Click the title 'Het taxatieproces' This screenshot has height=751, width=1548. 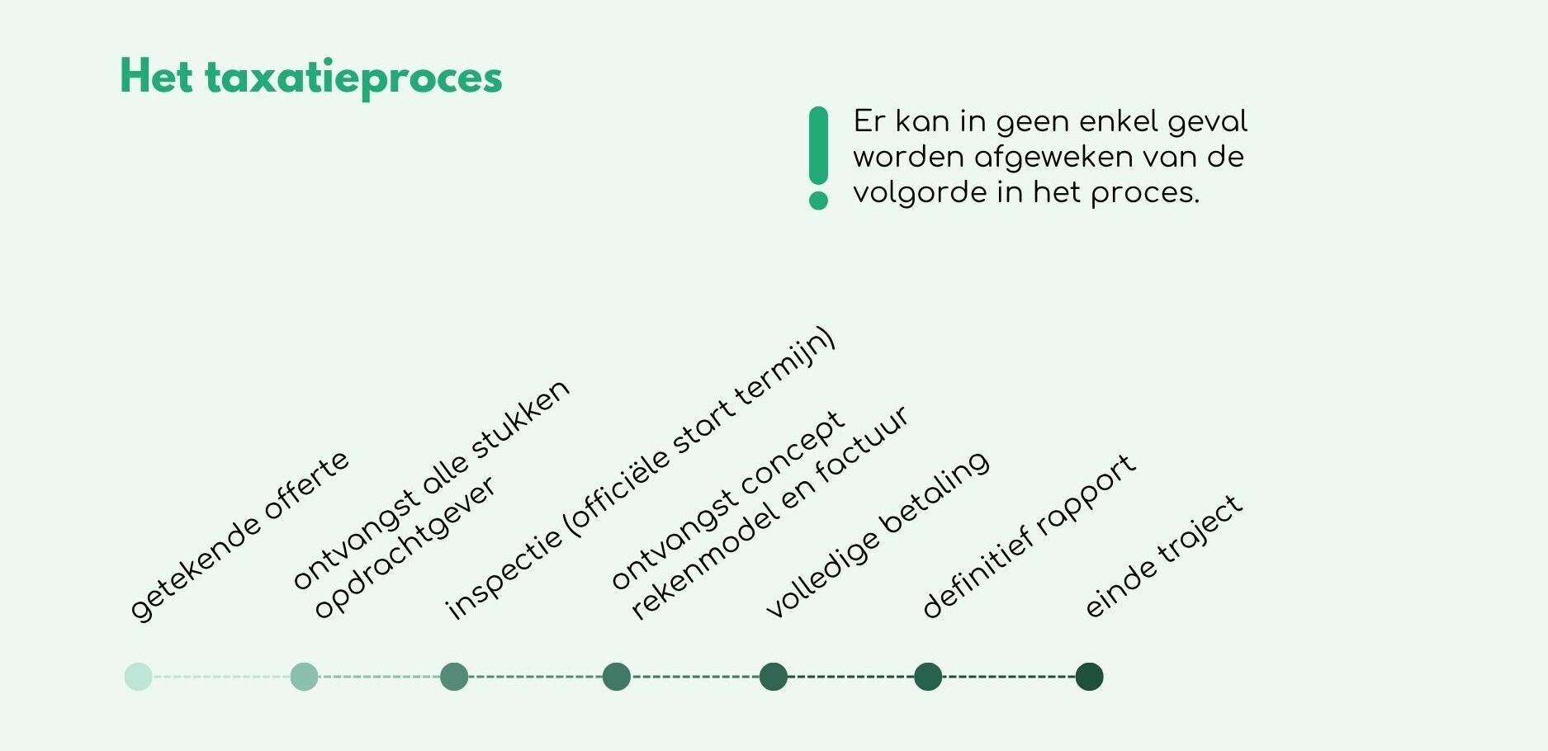(x=310, y=78)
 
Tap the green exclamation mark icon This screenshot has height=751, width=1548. (x=818, y=158)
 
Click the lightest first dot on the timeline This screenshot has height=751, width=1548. (x=139, y=677)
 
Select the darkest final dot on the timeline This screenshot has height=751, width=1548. (x=1089, y=677)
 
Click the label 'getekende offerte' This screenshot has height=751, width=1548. (x=239, y=536)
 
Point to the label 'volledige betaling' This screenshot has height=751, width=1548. (x=877, y=535)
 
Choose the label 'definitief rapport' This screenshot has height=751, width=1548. (x=1029, y=536)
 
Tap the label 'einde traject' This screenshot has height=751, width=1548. (x=1163, y=556)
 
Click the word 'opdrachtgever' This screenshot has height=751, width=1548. (x=405, y=547)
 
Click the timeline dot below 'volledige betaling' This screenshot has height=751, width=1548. (x=774, y=677)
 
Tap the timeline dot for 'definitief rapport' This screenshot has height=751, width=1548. (x=928, y=677)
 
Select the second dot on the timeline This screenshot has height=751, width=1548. (x=305, y=677)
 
